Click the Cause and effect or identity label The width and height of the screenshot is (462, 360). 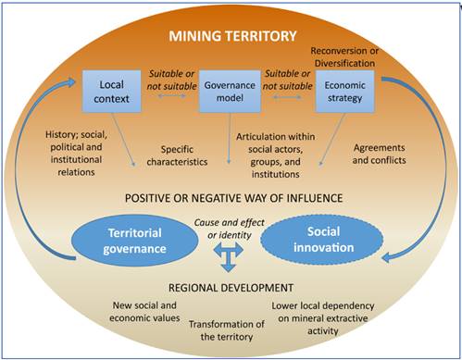[231, 225]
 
